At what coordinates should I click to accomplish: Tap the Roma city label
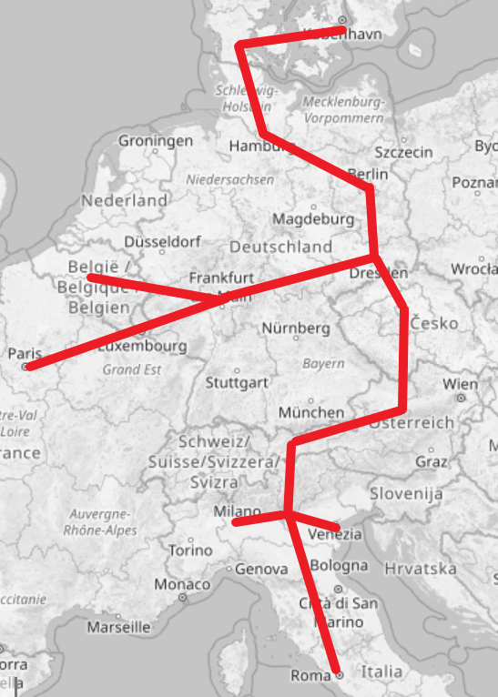click(x=310, y=676)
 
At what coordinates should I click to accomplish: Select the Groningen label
click(x=156, y=141)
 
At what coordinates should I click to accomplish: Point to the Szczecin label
click(x=403, y=152)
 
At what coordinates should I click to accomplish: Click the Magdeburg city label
click(x=313, y=219)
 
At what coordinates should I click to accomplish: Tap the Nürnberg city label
click(x=295, y=328)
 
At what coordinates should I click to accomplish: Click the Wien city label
click(x=460, y=384)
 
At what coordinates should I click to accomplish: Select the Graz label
click(x=431, y=461)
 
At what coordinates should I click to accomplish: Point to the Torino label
click(x=189, y=551)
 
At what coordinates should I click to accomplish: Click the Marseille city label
click(x=118, y=627)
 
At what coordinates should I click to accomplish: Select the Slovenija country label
click(x=407, y=494)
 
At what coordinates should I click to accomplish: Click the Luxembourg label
click(x=141, y=347)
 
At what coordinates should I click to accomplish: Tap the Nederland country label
click(x=125, y=200)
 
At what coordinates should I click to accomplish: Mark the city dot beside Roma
click(x=339, y=675)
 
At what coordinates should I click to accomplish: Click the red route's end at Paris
click(x=29, y=366)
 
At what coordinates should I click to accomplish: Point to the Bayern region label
click(x=324, y=363)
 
